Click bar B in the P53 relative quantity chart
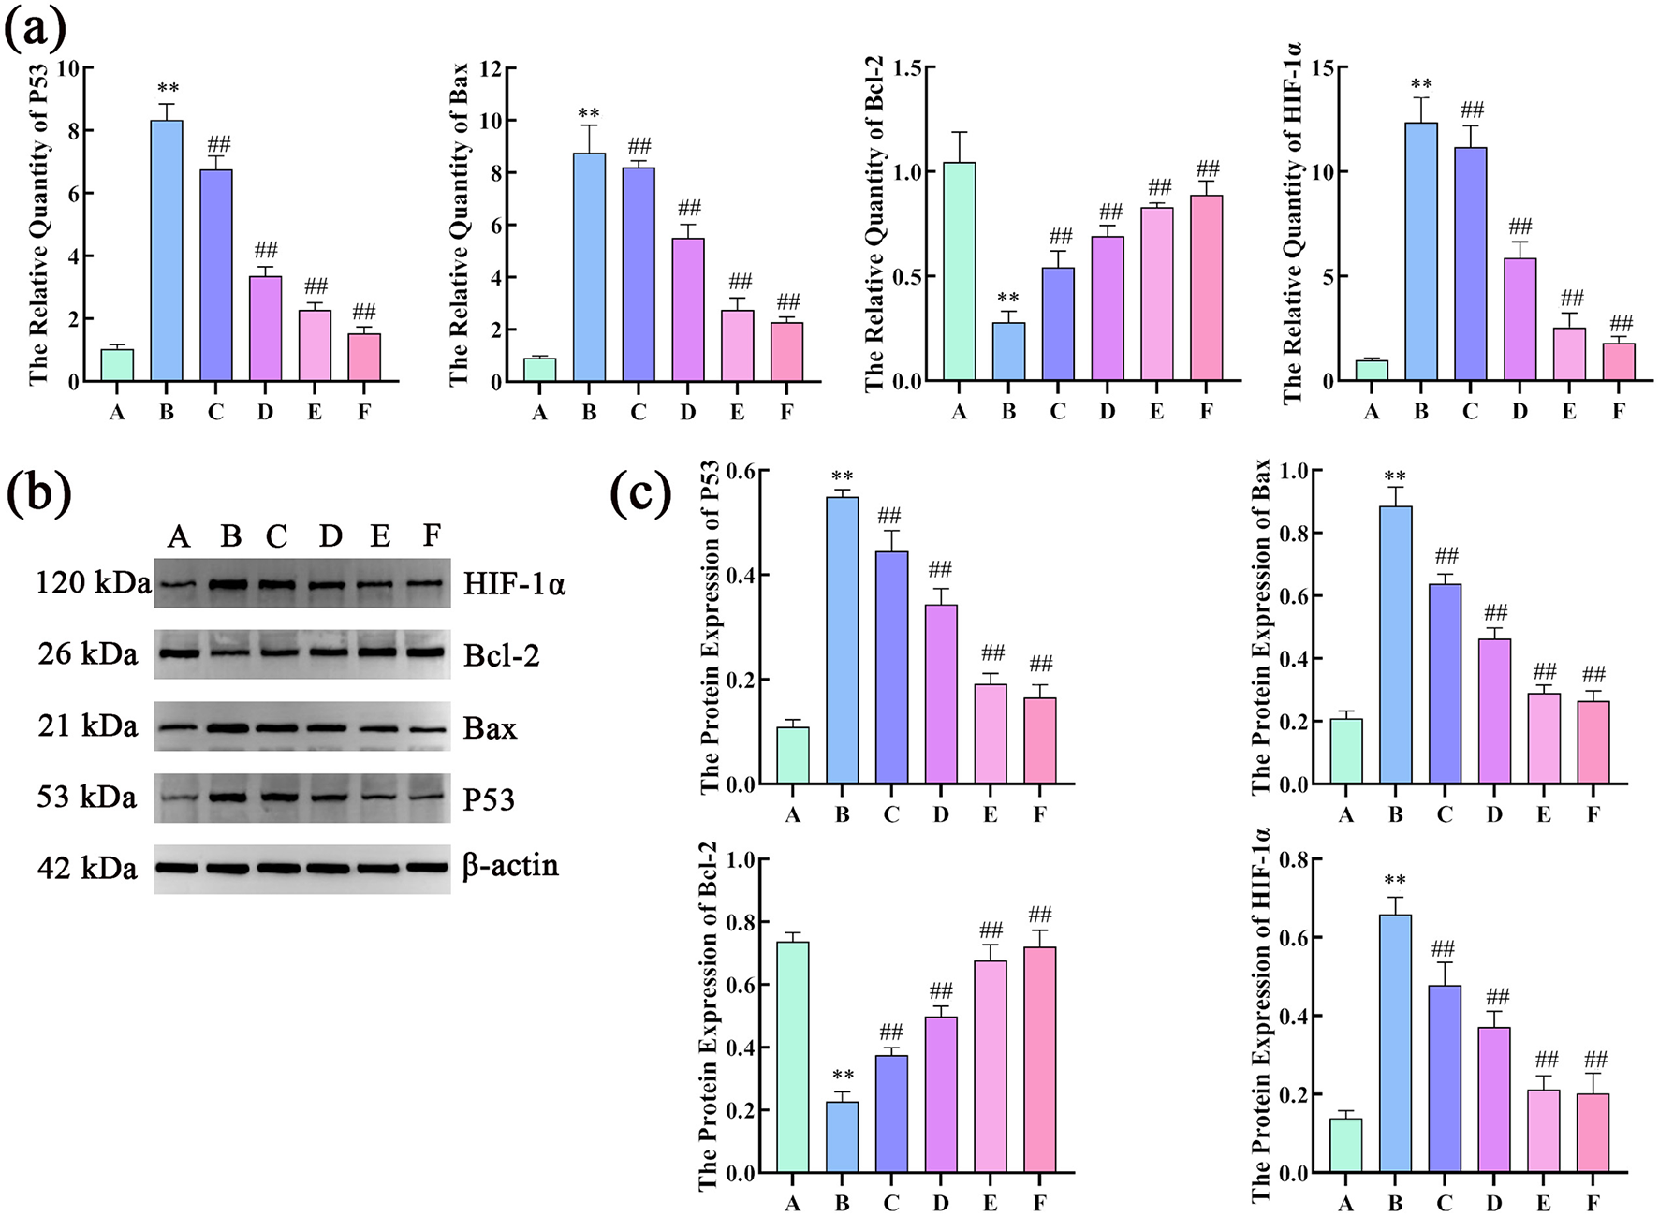[167, 251]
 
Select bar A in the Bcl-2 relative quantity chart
[959, 271]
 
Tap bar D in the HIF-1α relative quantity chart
[1520, 319]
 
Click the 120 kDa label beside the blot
[92, 583]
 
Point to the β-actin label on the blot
[511, 866]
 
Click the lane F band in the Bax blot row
[427, 728]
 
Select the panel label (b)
[37, 493]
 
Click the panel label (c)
[640, 493]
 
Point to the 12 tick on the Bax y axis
[491, 68]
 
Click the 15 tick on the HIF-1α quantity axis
[1323, 68]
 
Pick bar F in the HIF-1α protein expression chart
[1593, 1133]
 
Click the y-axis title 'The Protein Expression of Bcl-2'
[709, 1016]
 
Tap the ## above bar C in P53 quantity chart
[218, 144]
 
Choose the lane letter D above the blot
[330, 535]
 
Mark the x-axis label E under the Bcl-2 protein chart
[991, 1203]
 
